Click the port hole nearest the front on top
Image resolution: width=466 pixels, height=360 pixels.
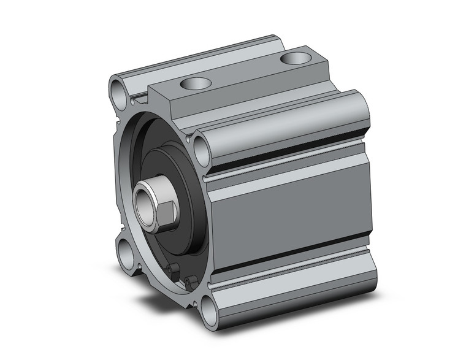coord(195,84)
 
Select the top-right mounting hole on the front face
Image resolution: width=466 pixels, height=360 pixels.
coord(201,148)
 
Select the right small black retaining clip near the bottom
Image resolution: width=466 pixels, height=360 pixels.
coord(191,281)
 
